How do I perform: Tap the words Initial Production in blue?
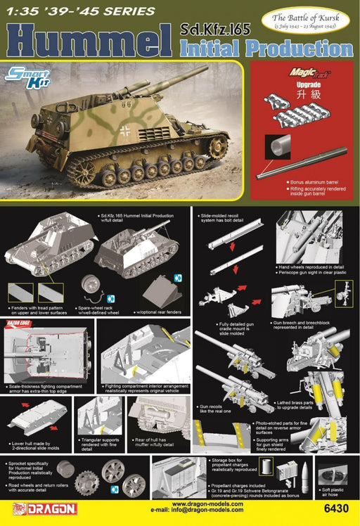266,49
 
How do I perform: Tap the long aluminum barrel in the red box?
302,161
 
